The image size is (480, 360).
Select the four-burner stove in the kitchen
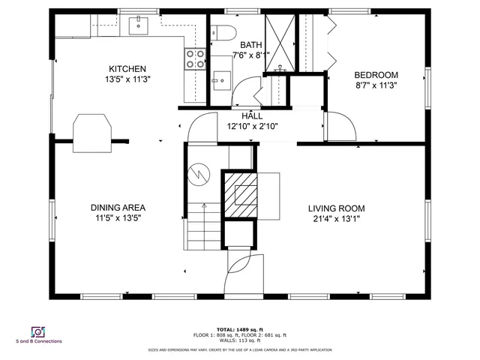[196, 58]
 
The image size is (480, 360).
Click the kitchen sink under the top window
[139, 26]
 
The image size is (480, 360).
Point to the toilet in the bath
[223, 34]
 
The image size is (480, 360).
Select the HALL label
[252, 116]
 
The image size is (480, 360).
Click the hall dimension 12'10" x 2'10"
[252, 127]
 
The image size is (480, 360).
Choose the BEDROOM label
[376, 75]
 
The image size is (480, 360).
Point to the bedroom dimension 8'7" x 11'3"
[376, 85]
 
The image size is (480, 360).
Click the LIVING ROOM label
[336, 208]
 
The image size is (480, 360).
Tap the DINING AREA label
[118, 208]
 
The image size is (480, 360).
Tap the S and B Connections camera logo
[37, 331]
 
